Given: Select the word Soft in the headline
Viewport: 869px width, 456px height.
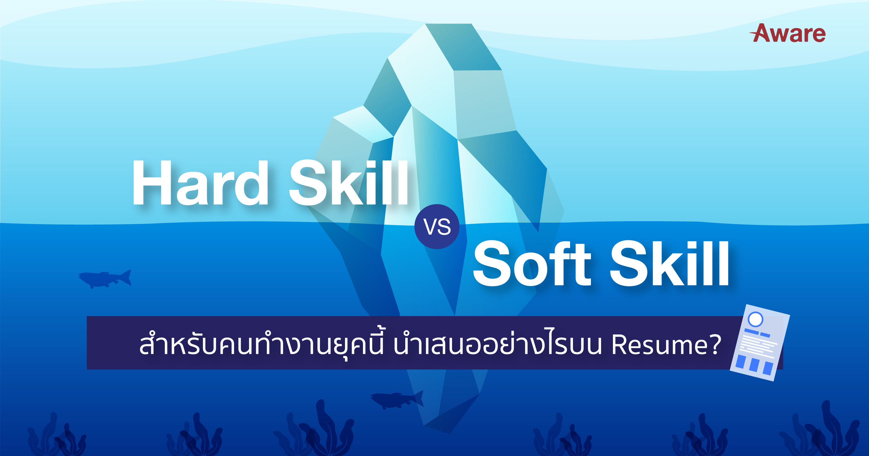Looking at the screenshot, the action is click(532, 263).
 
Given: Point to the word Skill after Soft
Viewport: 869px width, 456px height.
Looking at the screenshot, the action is click(669, 263).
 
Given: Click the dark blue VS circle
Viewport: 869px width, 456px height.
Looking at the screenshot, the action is click(437, 227).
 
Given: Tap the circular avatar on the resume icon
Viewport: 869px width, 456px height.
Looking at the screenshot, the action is click(755, 319).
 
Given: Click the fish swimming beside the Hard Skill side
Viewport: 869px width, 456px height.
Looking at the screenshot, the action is click(105, 279).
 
